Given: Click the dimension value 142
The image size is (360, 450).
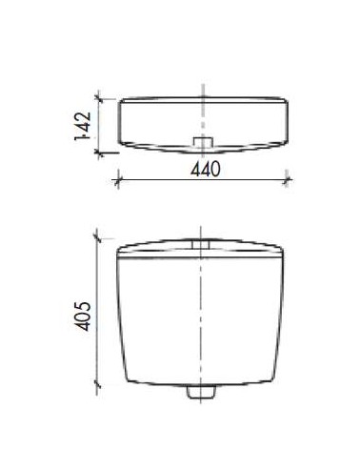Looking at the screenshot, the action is click(83, 126).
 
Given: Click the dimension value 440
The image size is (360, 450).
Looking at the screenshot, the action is click(206, 169).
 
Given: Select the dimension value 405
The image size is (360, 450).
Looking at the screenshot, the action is click(83, 316).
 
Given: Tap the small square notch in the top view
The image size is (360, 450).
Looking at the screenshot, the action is click(203, 142).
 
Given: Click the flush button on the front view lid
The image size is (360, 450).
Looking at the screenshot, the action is click(201, 244).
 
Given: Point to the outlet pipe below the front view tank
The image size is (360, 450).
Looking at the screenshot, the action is click(201, 392).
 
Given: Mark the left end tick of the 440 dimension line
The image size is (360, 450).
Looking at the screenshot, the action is click(118, 180).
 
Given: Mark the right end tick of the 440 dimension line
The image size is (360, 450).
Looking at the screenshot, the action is click(287, 180).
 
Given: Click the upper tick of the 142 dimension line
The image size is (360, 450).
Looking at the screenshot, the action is click(99, 99).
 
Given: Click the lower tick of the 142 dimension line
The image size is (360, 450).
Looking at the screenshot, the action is click(99, 153).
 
